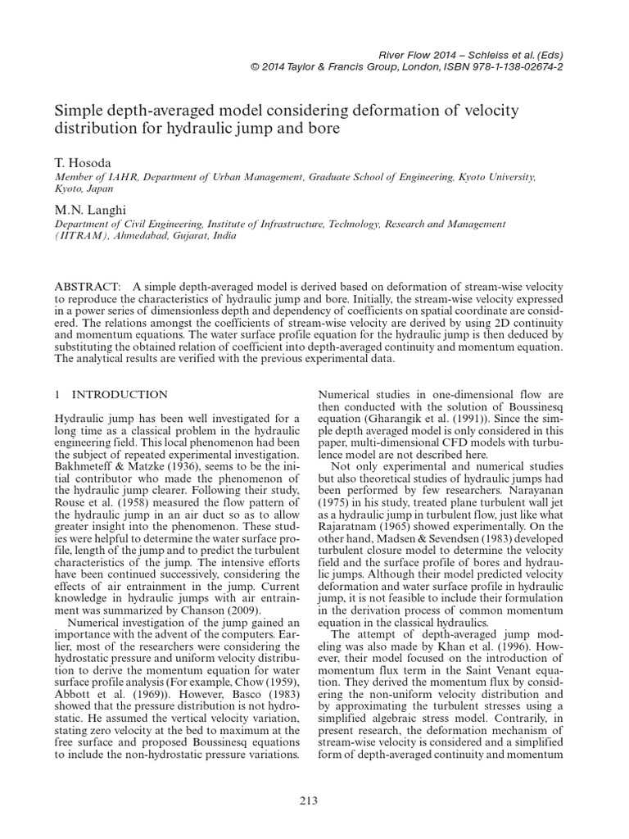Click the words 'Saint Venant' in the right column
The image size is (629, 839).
497,671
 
